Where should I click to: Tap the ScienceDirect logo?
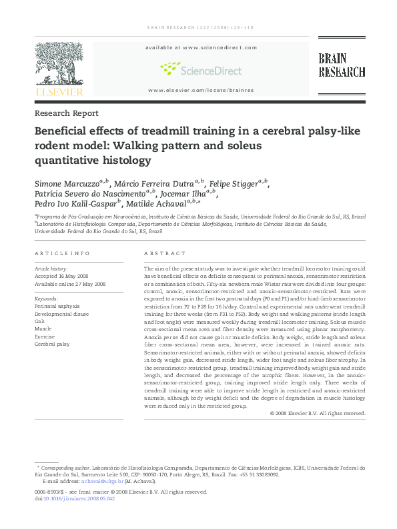pos(201,69)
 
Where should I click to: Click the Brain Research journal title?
pos(342,66)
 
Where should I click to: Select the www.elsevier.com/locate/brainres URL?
pos(201,90)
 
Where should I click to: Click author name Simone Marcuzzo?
pos(67,183)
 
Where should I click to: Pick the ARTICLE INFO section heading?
pos(61,254)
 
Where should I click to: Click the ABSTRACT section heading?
pos(165,254)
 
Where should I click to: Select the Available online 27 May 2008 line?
pos(70,284)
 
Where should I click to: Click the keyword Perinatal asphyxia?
pos(58,306)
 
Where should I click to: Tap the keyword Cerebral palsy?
pos(52,344)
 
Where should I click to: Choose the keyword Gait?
pos(39,321)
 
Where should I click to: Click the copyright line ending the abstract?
pos(318,413)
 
